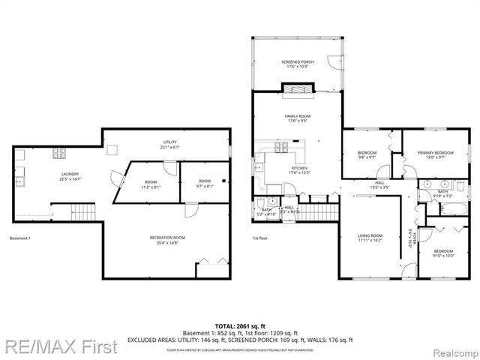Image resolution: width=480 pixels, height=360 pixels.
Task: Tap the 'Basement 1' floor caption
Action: tap(20, 238)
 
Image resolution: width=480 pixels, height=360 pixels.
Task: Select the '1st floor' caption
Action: tap(261, 238)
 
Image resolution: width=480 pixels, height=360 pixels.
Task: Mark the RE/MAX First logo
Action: tap(59, 347)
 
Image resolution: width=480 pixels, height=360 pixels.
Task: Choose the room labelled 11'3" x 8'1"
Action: tap(151, 184)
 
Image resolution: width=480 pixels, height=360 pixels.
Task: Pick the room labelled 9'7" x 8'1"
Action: tap(204, 184)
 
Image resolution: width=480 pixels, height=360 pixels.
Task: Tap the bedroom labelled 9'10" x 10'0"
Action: tap(442, 253)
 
